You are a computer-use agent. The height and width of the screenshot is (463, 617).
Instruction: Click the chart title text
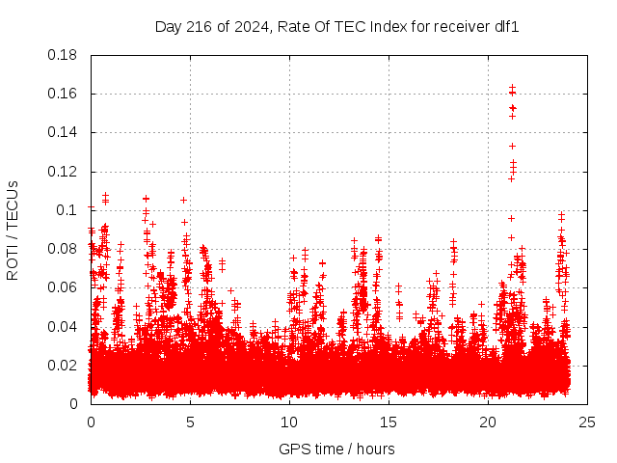337,27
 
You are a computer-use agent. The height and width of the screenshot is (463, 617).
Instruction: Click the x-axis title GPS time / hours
336,449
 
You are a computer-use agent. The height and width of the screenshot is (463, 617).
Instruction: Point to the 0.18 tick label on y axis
64,55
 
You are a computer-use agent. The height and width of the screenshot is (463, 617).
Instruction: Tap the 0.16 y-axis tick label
64,94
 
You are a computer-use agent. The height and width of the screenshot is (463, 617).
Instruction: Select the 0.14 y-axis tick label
64,132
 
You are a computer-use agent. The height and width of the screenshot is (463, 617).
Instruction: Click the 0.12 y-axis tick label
64,172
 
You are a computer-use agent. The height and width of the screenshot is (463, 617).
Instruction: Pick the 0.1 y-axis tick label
67,210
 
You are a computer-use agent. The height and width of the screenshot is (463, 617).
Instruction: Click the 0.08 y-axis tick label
64,249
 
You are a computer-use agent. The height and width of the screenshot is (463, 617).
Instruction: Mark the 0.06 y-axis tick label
64,287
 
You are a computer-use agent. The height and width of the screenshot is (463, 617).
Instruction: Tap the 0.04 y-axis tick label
64,326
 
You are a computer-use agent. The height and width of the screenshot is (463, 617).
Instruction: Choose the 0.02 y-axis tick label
64,365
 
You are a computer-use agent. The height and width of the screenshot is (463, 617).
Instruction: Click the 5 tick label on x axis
190,422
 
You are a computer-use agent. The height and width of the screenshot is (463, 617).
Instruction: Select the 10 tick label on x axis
289,422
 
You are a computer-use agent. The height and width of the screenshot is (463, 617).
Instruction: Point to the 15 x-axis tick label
389,422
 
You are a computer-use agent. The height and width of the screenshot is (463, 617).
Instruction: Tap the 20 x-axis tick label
488,422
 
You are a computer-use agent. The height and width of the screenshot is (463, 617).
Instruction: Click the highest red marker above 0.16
512,88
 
